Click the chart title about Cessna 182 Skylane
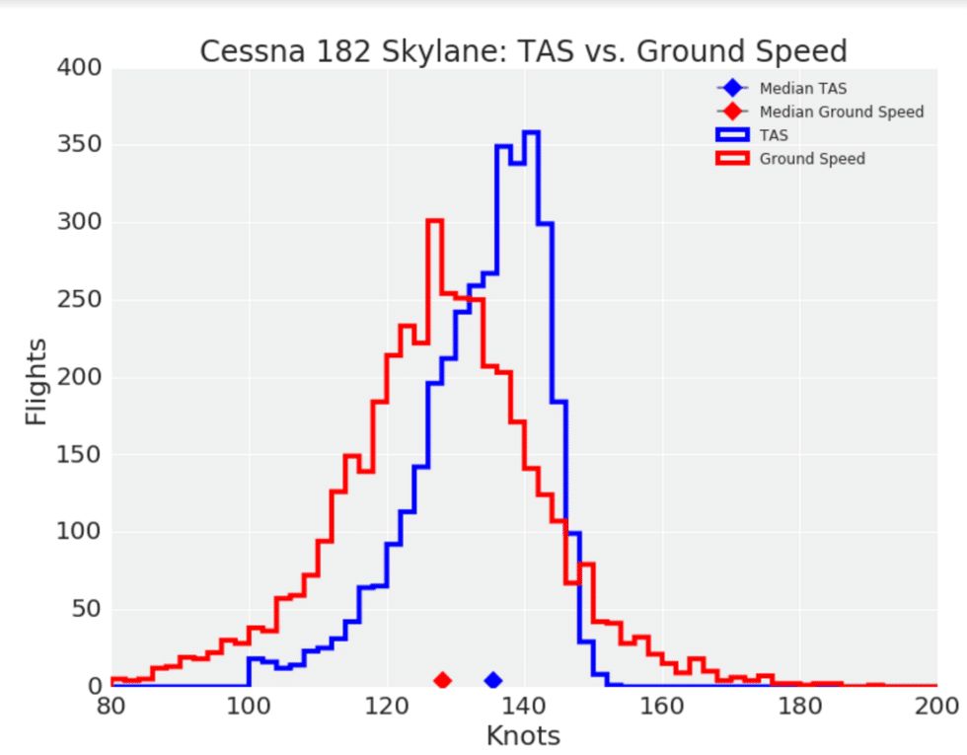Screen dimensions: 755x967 click(523, 50)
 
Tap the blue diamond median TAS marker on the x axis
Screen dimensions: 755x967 click(492, 680)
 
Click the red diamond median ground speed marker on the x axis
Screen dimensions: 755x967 click(442, 680)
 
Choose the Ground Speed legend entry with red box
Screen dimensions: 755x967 click(811, 158)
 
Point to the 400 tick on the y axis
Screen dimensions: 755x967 click(81, 69)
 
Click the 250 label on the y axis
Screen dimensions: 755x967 click(81, 301)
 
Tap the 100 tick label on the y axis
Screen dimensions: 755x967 click(81, 533)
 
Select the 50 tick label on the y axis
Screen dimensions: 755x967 click(87, 610)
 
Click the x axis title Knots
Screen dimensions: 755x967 click(523, 735)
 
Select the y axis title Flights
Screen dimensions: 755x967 click(37, 381)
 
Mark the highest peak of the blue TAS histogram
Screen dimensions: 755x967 click(531, 132)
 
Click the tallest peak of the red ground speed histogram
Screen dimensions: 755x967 click(434, 220)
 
